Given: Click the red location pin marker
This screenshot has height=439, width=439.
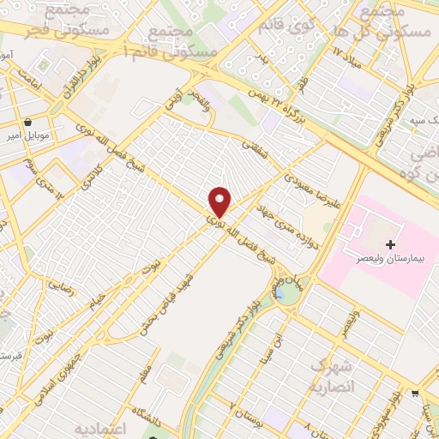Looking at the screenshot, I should (220, 201).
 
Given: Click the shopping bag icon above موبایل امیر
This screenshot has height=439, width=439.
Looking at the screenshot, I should (31, 122).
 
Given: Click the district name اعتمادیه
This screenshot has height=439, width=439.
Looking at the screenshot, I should (101, 428).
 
